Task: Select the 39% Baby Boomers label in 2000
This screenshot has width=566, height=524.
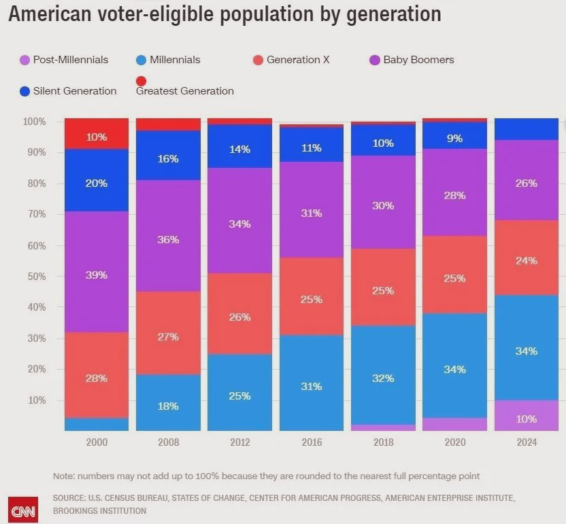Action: (x=97, y=275)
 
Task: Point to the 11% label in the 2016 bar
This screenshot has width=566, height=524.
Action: (x=312, y=147)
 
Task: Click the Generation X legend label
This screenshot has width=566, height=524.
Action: (x=298, y=60)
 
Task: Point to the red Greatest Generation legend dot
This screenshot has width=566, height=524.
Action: (x=141, y=82)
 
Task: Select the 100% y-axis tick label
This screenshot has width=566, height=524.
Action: (x=34, y=122)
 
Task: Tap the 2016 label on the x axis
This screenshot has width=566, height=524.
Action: (x=312, y=442)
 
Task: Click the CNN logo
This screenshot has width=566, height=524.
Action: (x=22, y=510)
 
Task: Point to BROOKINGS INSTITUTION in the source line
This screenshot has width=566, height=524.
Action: (x=99, y=510)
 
